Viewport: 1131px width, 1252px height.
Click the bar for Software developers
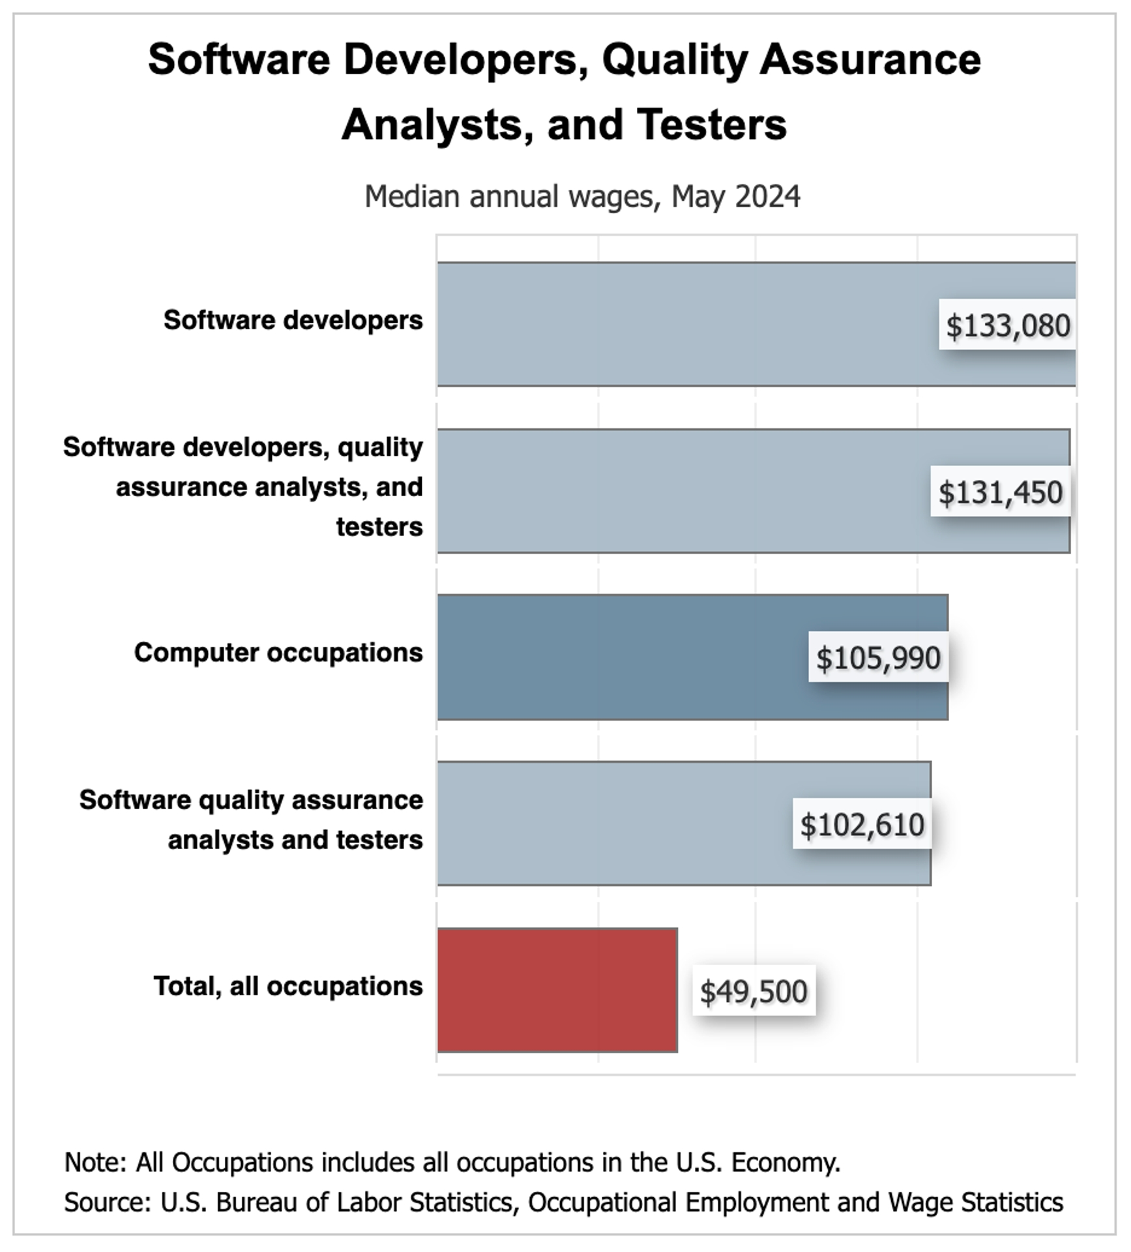click(x=684, y=324)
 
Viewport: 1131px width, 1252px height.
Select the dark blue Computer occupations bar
click(x=619, y=657)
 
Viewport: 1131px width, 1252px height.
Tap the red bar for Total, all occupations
click(x=557, y=990)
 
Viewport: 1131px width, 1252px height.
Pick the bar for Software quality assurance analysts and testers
click(x=613, y=823)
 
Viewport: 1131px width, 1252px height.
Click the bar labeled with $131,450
click(x=678, y=490)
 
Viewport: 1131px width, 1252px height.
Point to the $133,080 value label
click(x=1008, y=325)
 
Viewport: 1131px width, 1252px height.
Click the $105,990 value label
click(x=878, y=657)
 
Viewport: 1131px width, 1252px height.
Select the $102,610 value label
click(x=862, y=824)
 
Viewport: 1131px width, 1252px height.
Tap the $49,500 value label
click(x=754, y=991)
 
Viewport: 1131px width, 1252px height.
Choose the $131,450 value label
click(x=1000, y=492)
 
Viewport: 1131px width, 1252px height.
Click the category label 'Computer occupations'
click(x=278, y=652)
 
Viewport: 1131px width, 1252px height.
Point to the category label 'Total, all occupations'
click(x=288, y=985)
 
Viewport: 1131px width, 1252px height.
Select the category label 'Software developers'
click(x=293, y=320)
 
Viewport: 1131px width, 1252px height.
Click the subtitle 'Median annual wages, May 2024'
click(x=582, y=196)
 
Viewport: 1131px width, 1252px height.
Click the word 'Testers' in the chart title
click(x=712, y=124)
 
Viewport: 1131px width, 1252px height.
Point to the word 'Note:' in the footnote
click(x=95, y=1161)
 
